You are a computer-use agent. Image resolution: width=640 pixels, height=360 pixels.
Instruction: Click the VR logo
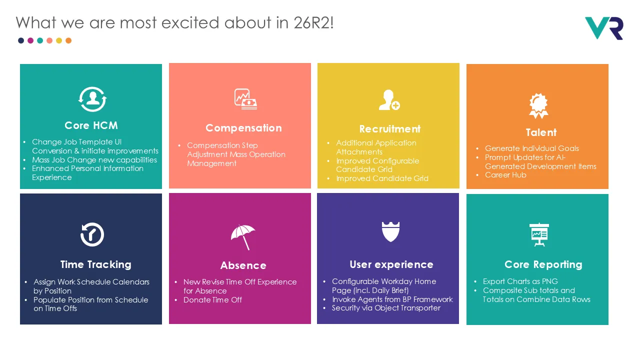[604, 28]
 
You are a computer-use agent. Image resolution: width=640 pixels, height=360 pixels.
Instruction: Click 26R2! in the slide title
[313, 22]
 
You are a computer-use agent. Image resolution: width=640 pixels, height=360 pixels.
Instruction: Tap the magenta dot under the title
[30, 40]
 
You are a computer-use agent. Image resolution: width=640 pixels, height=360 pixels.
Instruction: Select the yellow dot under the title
[59, 40]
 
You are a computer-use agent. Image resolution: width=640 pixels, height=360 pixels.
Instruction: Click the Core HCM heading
[91, 125]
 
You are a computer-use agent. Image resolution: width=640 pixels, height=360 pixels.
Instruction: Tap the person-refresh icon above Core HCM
[92, 99]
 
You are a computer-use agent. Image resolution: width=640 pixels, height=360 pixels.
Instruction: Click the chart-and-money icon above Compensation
[245, 99]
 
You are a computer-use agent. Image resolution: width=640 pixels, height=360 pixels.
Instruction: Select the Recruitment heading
[389, 129]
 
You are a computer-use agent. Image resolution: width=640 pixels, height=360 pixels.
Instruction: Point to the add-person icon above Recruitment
[389, 99]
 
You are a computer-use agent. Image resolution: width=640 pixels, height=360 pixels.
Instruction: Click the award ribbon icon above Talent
[538, 105]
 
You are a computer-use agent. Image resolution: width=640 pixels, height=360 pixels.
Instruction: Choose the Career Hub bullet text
[505, 175]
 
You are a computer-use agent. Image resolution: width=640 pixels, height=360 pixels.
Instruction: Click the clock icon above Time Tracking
[92, 234]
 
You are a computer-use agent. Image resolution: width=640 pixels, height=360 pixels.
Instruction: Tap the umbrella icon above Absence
[243, 237]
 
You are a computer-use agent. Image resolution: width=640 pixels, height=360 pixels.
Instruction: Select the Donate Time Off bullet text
[212, 299]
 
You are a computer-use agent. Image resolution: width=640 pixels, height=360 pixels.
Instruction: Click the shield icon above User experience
[390, 231]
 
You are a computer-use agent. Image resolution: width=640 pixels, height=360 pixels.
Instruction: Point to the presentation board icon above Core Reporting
[539, 234]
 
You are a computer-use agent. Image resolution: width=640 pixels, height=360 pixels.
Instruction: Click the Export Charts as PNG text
[520, 281]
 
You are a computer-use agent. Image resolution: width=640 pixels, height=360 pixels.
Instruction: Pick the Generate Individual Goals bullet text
[531, 148]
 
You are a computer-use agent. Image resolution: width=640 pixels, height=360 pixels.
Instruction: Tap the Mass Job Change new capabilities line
[94, 159]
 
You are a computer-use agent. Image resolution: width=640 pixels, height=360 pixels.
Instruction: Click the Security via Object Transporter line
[386, 308]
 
